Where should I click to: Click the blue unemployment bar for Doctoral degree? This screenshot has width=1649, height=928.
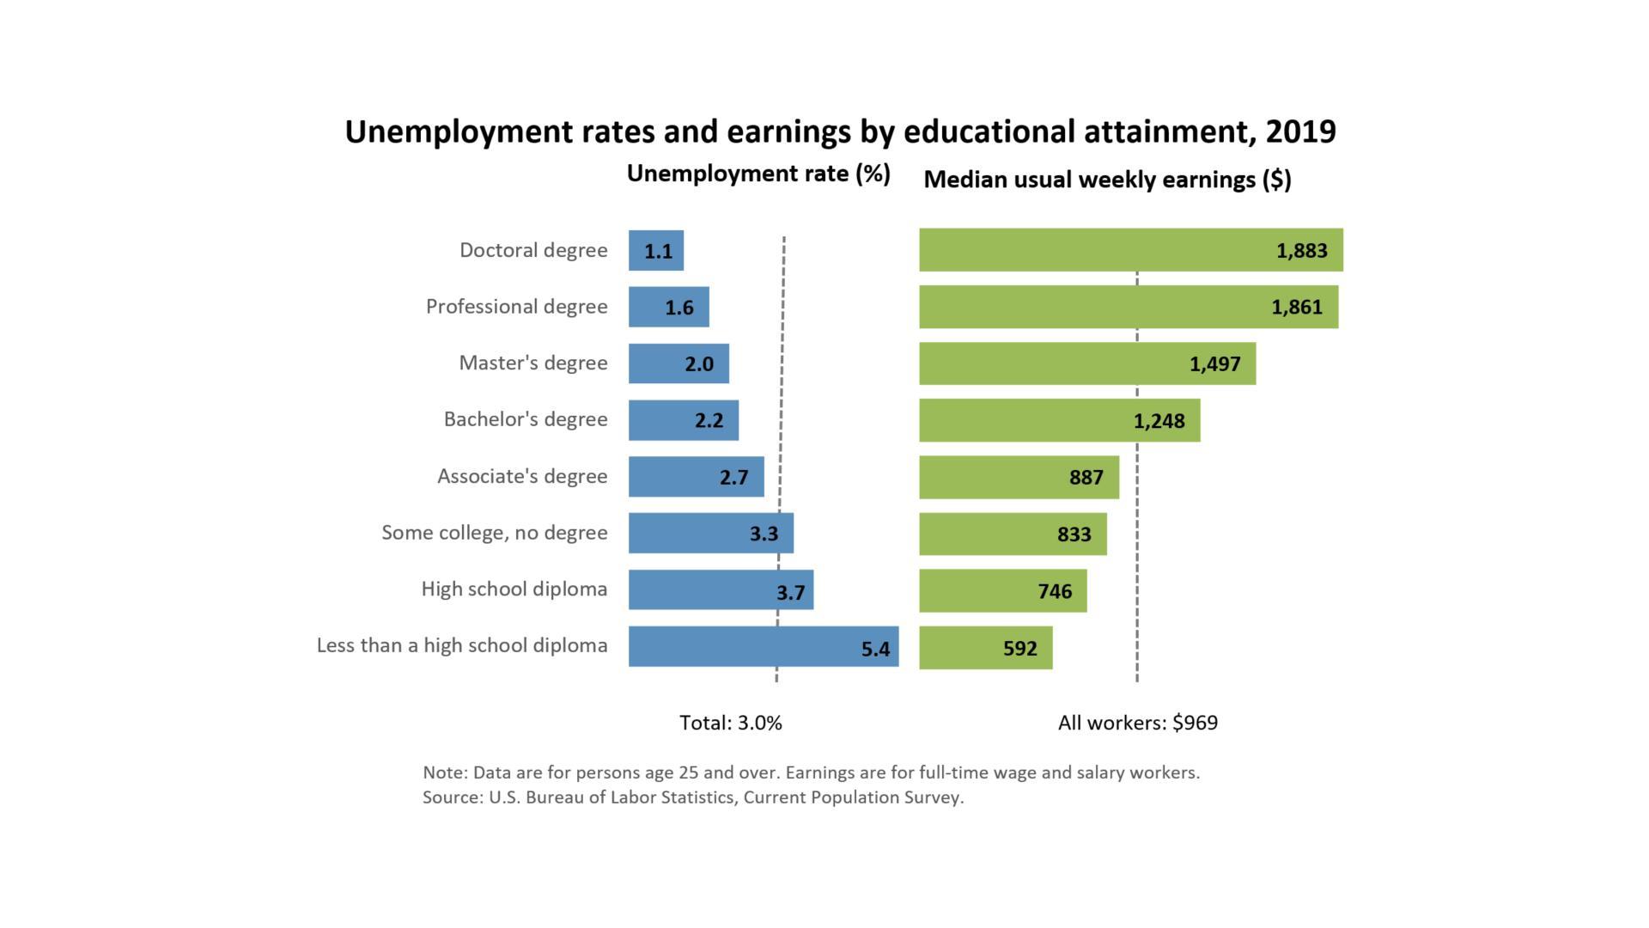[655, 250]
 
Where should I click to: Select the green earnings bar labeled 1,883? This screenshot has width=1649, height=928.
[1130, 250]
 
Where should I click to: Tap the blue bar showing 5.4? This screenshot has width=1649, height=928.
[763, 646]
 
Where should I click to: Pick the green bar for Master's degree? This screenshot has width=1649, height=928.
[1086, 363]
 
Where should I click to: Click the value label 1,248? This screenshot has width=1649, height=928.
[1159, 421]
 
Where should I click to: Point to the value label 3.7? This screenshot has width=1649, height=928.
[790, 592]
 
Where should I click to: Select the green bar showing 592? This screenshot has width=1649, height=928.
[985, 648]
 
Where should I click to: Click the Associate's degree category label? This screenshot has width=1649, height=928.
[522, 476]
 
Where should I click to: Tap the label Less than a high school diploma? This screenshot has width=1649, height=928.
[462, 645]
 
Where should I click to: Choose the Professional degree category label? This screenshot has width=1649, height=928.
[516, 307]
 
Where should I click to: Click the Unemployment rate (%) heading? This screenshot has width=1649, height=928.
[758, 174]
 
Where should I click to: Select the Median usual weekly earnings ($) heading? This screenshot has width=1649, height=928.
[1107, 180]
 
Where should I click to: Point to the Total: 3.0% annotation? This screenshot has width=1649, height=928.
[731, 723]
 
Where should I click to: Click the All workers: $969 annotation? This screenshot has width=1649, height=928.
[1137, 723]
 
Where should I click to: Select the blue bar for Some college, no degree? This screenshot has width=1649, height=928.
[710, 533]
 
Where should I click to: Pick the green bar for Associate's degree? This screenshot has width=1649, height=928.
[1019, 478]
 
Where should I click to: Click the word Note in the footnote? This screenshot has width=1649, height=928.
[443, 772]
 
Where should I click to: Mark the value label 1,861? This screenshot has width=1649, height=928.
[1296, 307]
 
